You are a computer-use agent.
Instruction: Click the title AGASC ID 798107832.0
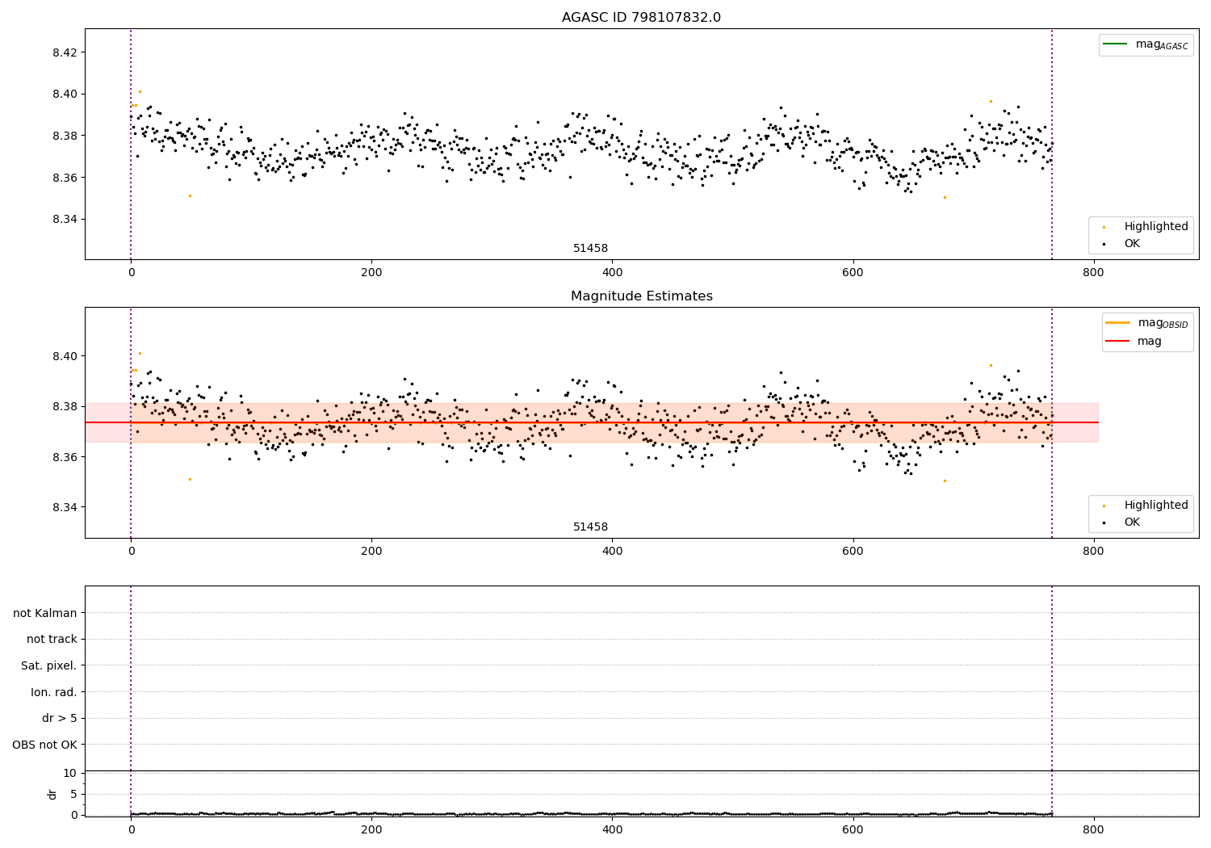[641, 18]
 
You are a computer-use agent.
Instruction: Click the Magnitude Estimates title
[641, 296]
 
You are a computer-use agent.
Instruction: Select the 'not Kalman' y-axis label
[45, 613]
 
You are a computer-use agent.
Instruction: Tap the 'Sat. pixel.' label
[48, 665]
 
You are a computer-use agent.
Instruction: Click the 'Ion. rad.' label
[54, 692]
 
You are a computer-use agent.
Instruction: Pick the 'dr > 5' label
[59, 718]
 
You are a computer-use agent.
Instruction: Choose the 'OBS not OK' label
[44, 745]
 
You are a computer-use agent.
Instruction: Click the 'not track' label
[52, 639]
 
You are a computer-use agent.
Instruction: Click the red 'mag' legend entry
[1149, 341]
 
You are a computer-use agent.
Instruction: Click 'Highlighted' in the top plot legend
[1155, 227]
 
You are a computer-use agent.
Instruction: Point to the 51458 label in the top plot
[590, 249]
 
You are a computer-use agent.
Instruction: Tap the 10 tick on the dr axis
[69, 773]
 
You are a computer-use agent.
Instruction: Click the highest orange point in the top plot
[140, 91]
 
